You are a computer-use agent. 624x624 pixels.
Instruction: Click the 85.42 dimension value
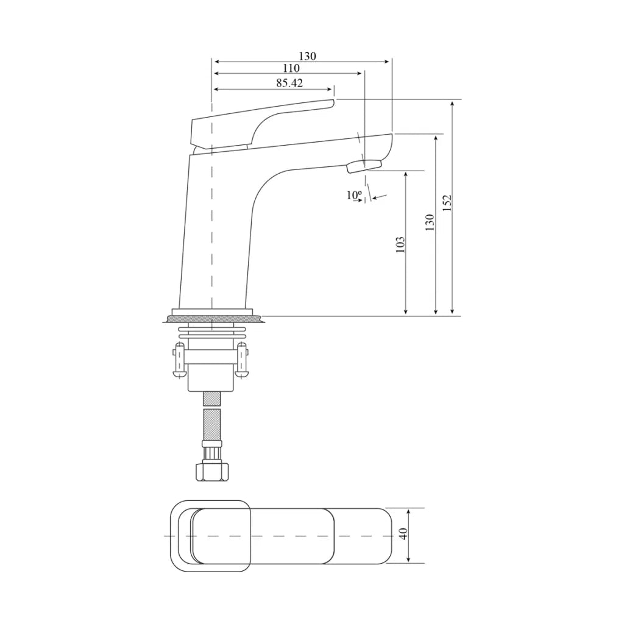(x=289, y=83)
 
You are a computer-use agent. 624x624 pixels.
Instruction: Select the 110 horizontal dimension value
(x=291, y=68)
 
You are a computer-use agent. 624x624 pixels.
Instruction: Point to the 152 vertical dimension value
(x=447, y=202)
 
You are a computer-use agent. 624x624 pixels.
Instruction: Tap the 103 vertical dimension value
(x=400, y=244)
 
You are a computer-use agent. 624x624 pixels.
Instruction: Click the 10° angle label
(x=354, y=195)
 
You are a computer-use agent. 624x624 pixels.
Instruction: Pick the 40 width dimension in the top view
(x=403, y=533)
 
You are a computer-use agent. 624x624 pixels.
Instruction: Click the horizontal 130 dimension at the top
(x=307, y=56)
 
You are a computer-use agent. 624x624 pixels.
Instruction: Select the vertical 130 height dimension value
(x=430, y=222)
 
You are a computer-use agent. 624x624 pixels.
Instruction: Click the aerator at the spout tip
(x=364, y=166)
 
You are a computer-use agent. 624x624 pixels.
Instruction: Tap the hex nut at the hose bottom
(x=213, y=471)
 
